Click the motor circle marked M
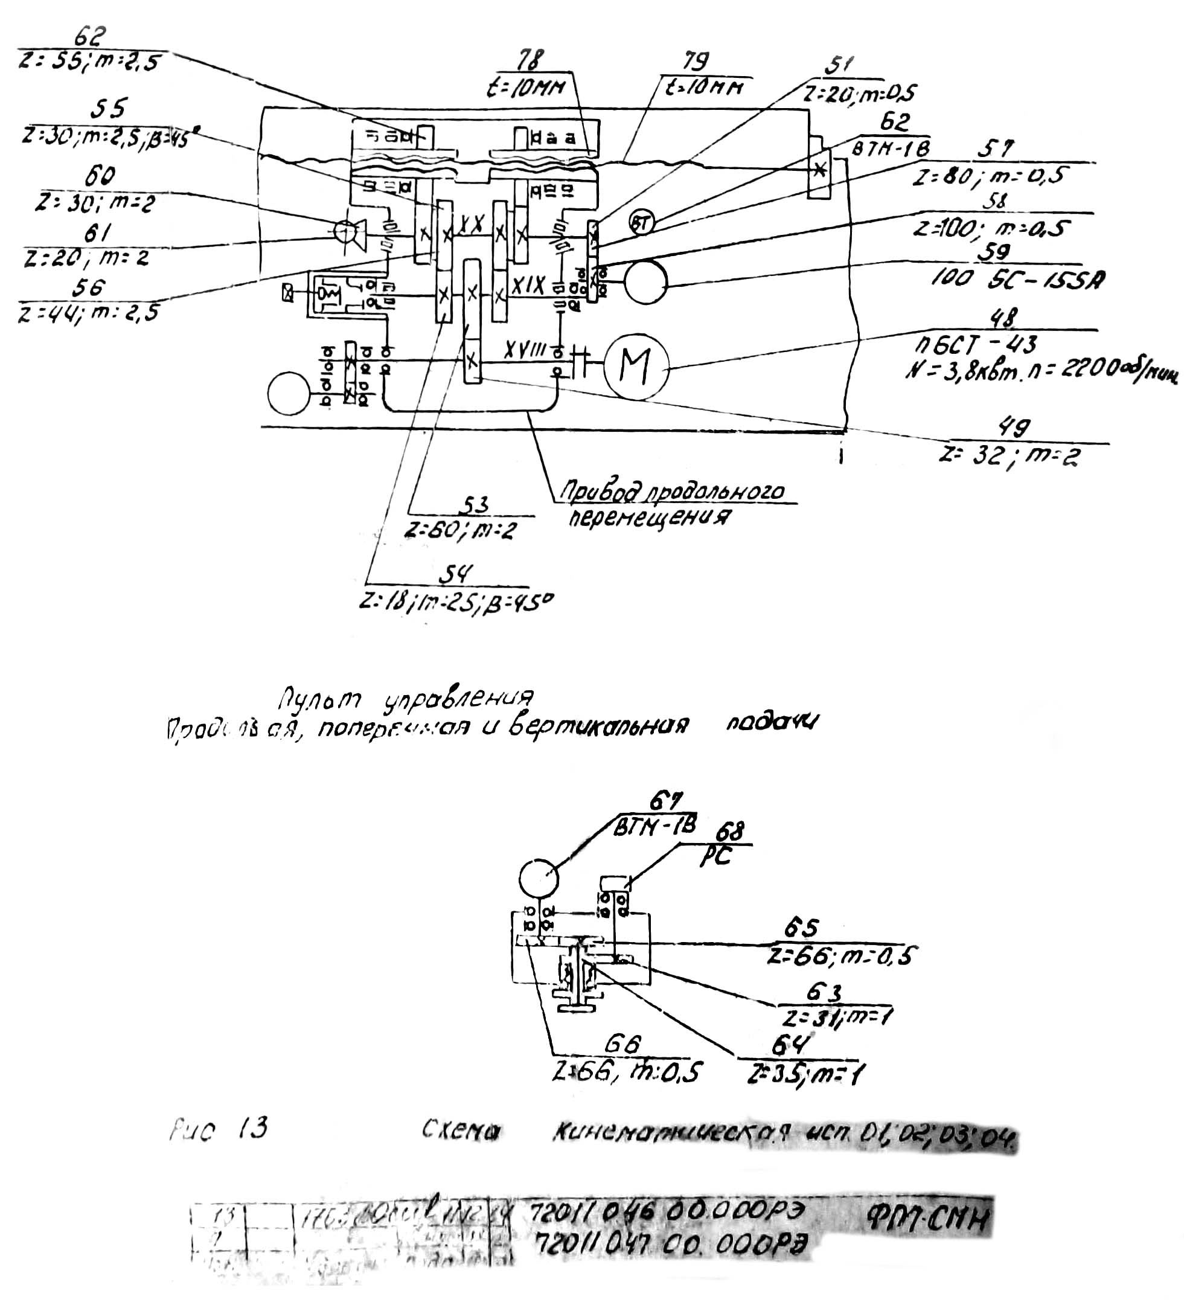635,367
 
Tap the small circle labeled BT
641,224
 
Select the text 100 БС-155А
1018,279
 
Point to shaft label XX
472,225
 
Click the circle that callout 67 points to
539,879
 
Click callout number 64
790,1045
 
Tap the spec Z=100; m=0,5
992,228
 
